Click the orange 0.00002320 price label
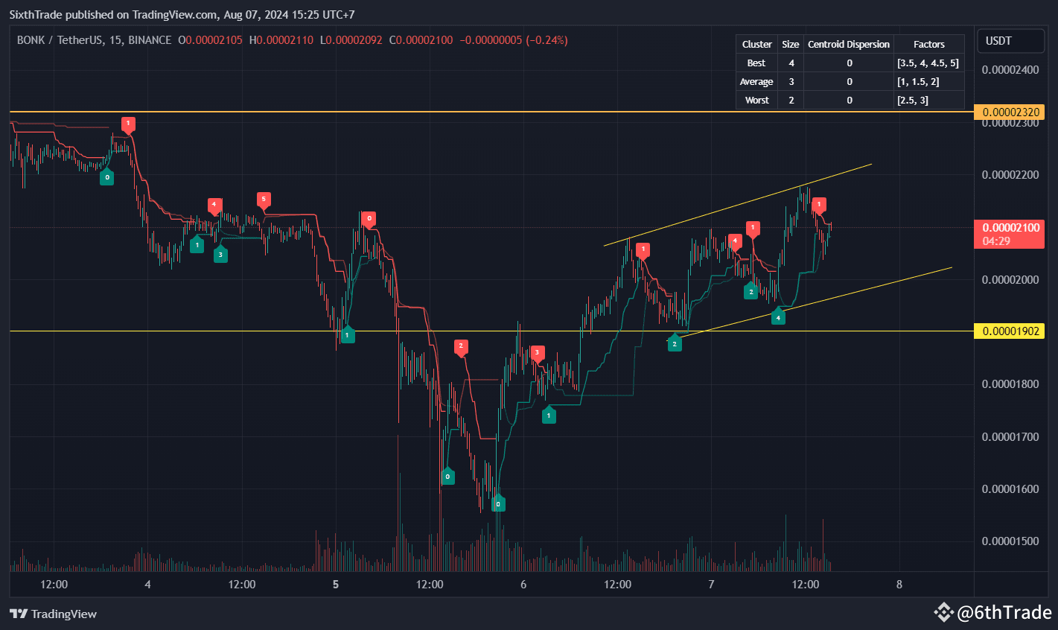click(1010, 112)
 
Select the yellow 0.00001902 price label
click(1010, 331)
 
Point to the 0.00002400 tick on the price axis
click(1010, 70)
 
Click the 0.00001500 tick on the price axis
click(1010, 541)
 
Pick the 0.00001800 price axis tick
click(1010, 384)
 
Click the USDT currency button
click(998, 41)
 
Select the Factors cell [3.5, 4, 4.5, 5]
click(928, 63)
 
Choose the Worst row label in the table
click(756, 101)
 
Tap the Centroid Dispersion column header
click(848, 45)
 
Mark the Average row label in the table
click(756, 82)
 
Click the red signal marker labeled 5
click(264, 200)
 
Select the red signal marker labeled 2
click(461, 346)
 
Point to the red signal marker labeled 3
click(537, 353)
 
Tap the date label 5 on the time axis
click(336, 585)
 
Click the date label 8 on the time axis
click(899, 585)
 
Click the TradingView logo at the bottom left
click(54, 614)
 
